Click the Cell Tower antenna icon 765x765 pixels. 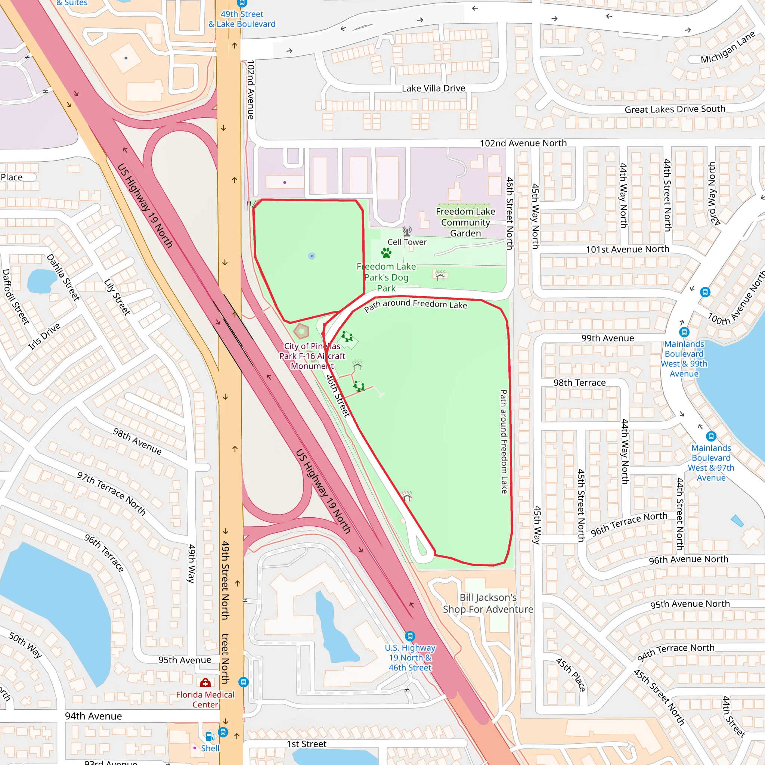pyautogui.click(x=407, y=231)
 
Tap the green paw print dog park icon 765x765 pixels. pyautogui.click(x=386, y=253)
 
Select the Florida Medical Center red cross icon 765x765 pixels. pyautogui.click(x=205, y=682)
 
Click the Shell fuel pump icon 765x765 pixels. pyautogui.click(x=210, y=737)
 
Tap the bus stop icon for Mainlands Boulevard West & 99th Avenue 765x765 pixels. pyautogui.click(x=684, y=332)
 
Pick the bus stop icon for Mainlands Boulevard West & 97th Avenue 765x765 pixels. pyautogui.click(x=711, y=436)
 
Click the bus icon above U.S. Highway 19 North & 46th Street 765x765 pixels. pyautogui.click(x=410, y=636)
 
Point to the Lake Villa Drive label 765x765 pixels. pyautogui.click(x=433, y=88)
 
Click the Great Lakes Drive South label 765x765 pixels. pyautogui.click(x=675, y=109)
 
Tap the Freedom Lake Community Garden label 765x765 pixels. pyautogui.click(x=465, y=222)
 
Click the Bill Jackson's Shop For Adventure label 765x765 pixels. pyautogui.click(x=488, y=603)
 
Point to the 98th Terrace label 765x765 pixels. pyautogui.click(x=579, y=382)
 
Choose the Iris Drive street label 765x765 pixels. pyautogui.click(x=44, y=336)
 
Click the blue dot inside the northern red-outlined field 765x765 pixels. pyautogui.click(x=312, y=256)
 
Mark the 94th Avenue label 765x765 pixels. pyautogui.click(x=93, y=716)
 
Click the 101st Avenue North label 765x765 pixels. pyautogui.click(x=627, y=249)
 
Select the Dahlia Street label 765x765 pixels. pyautogui.click(x=63, y=277)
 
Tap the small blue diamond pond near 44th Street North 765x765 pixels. pyautogui.click(x=737, y=521)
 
